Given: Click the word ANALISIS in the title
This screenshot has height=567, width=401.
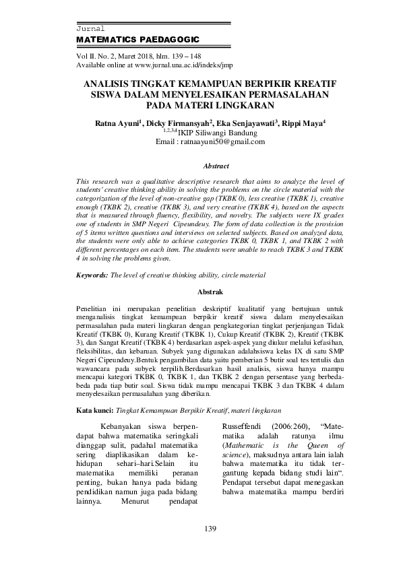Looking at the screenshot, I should pyautogui.click(x=111, y=84).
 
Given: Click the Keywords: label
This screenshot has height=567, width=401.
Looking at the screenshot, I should pyautogui.click(x=92, y=275).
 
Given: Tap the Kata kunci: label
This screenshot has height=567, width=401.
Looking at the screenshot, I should pyautogui.click(x=95, y=409).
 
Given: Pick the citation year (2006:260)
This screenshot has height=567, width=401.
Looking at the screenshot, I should pyautogui.click(x=292, y=426).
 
